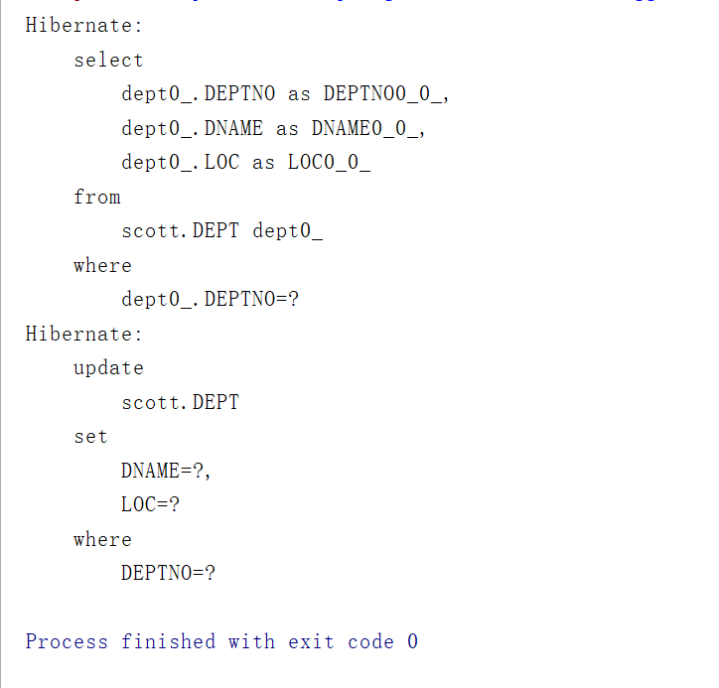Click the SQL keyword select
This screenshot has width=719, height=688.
click(x=108, y=61)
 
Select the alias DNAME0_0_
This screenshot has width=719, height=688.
click(x=367, y=129)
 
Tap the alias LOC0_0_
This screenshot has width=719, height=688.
click(x=329, y=163)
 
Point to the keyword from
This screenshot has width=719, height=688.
click(x=96, y=198)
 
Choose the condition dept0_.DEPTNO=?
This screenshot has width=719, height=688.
click(x=211, y=300)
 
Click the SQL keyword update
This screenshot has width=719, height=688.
click(x=108, y=368)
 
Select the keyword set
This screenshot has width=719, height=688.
click(x=90, y=437)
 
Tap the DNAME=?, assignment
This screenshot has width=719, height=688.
click(x=166, y=472)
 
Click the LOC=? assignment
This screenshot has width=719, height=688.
click(x=150, y=505)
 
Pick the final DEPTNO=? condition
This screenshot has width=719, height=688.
click(x=168, y=574)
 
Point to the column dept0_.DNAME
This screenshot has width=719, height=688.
click(x=193, y=129)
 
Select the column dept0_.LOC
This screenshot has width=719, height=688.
click(x=181, y=163)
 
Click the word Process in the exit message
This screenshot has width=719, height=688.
click(x=67, y=642)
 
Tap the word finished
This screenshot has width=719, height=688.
click(x=168, y=642)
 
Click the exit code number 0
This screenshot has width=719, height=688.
click(x=412, y=642)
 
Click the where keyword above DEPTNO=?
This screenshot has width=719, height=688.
click(x=102, y=540)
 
